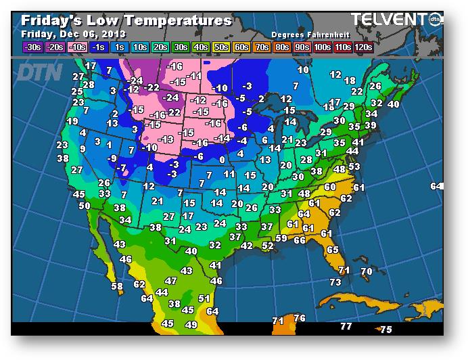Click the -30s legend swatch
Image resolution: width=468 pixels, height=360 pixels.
point(32,47)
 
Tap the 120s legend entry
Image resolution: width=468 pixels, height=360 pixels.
point(363,47)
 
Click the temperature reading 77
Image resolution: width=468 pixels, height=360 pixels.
point(346,326)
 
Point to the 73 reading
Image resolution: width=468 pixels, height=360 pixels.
point(335,282)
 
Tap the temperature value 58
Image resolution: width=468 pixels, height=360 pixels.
point(117,286)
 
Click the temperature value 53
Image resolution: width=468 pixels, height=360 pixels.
point(354,166)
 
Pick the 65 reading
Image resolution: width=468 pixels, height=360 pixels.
point(332,250)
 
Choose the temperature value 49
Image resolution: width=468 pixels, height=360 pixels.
point(191,325)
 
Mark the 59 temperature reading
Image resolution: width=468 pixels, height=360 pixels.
point(281,238)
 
